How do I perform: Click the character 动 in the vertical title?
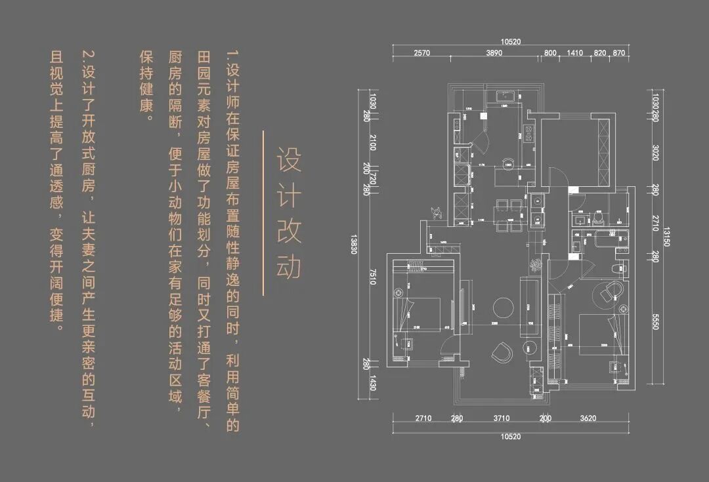[288, 264]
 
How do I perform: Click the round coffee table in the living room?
[504, 307]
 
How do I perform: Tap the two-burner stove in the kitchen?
[529, 136]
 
